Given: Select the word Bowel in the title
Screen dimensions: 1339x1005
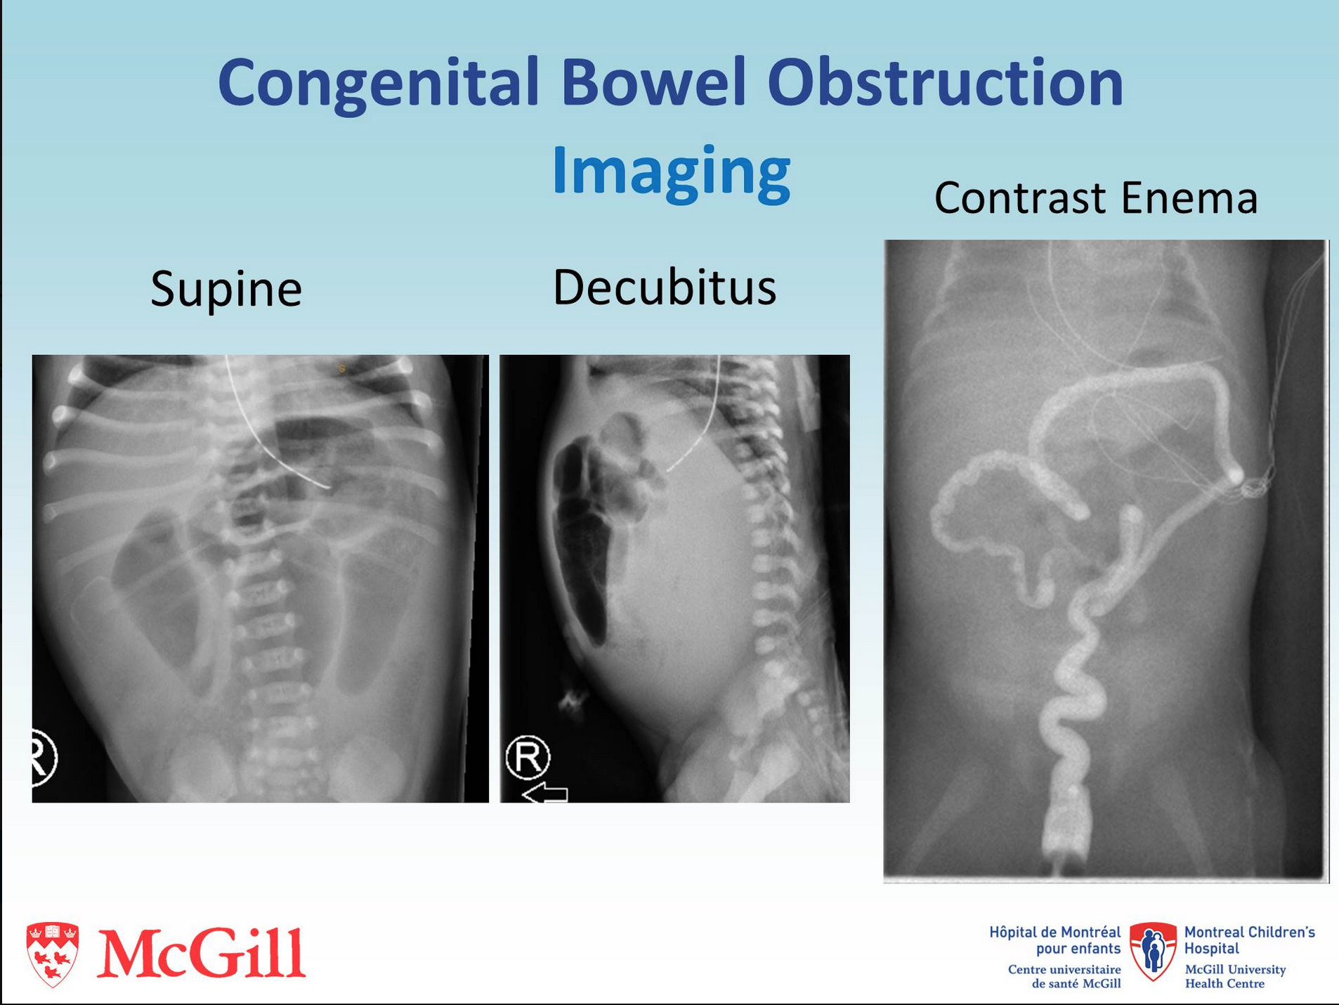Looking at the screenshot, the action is [x=653, y=82].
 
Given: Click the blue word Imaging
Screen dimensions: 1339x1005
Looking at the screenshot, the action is [x=671, y=173].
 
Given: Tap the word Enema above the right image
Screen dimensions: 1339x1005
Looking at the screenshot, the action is [x=1189, y=197].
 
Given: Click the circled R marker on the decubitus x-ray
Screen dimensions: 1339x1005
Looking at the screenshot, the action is [x=528, y=757].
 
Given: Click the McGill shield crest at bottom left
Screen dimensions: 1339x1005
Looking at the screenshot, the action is [x=52, y=954].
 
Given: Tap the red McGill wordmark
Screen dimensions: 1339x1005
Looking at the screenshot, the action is [x=202, y=953].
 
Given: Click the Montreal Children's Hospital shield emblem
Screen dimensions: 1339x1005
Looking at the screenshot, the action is [x=1153, y=952].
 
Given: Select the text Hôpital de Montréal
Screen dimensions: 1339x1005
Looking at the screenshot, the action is [x=1055, y=933].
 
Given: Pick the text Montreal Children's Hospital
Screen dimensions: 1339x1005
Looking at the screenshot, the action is [x=1249, y=940].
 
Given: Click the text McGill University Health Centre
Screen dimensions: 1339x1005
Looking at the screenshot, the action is [x=1235, y=977].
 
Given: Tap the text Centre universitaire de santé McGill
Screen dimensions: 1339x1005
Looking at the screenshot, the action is [x=1064, y=977].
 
